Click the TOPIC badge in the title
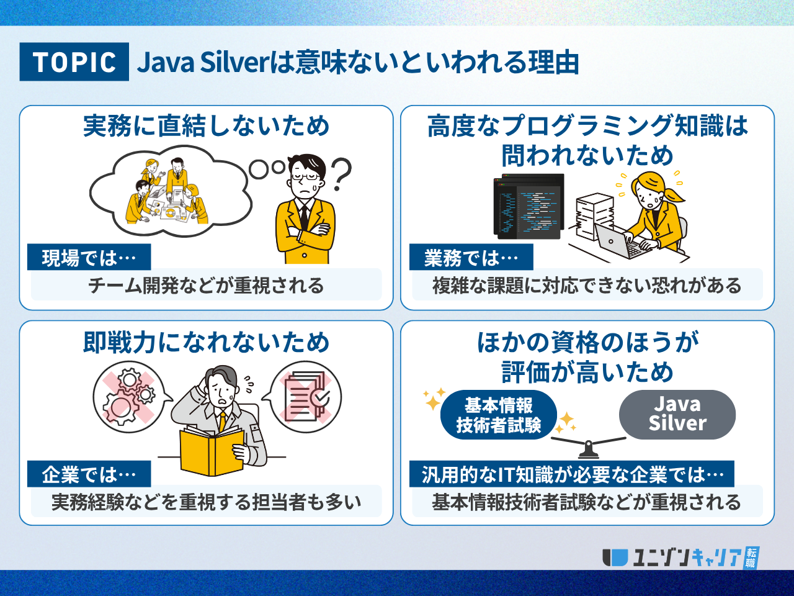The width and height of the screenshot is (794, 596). pos(74,61)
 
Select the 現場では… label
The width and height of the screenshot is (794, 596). pos(89,257)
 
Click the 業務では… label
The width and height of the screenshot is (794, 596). pos(471,257)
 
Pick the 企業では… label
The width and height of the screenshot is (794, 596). pos(89,474)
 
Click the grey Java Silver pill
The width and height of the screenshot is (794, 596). pos(677,414)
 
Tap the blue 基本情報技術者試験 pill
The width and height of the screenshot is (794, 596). pos(499,415)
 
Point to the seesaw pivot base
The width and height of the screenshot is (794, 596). pos(589,451)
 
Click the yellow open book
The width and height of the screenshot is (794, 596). pos(212,451)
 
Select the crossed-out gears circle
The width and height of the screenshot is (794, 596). pos(129,397)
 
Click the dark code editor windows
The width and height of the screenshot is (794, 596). pos(529,206)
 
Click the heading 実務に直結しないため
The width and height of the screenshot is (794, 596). pos(206,126)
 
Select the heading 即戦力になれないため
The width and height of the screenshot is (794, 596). pos(206,342)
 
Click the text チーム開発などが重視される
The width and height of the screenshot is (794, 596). pos(206,286)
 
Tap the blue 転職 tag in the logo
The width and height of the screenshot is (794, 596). pos(751,558)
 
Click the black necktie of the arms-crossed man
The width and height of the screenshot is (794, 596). pos(304,218)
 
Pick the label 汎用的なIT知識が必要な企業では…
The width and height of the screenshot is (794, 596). pos(572,474)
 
